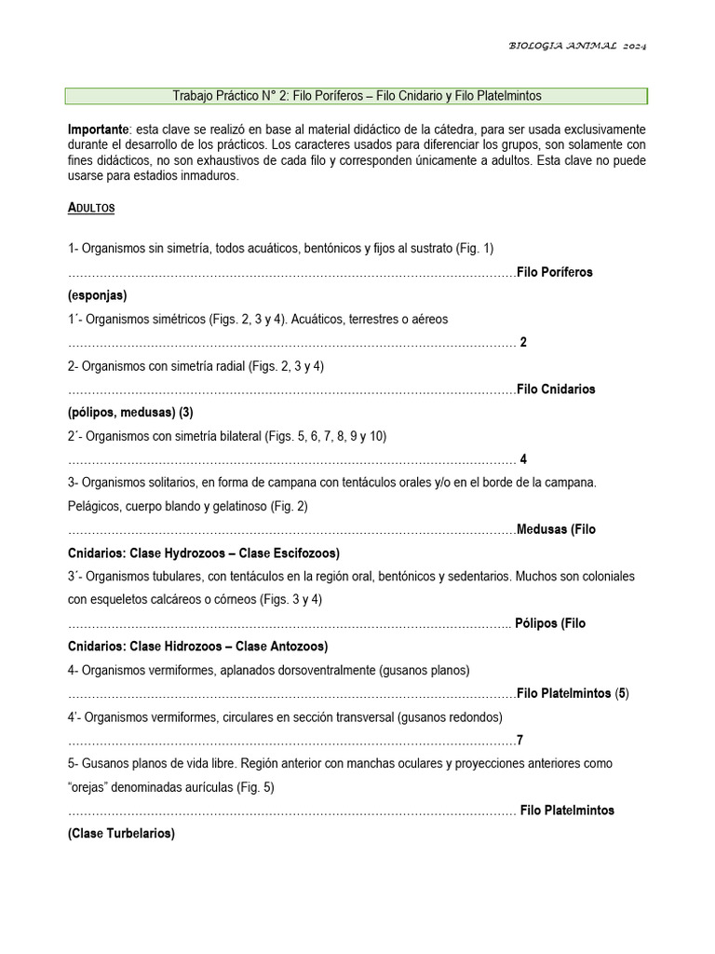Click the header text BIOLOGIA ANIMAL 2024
(x=577, y=46)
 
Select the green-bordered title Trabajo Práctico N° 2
(x=357, y=96)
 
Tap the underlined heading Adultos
(x=91, y=208)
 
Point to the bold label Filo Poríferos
(x=555, y=272)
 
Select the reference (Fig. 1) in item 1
(x=475, y=249)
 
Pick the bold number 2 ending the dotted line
(x=523, y=342)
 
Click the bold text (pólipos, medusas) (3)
(x=130, y=413)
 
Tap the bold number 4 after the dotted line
(x=523, y=459)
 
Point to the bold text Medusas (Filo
(x=556, y=529)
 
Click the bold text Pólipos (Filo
(x=550, y=623)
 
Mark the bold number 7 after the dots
(x=519, y=740)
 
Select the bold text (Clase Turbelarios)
(x=121, y=834)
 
